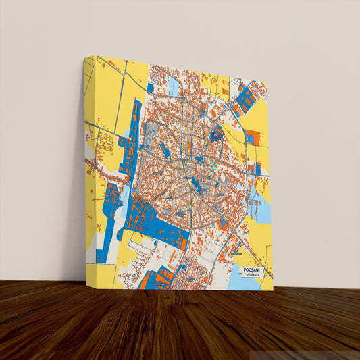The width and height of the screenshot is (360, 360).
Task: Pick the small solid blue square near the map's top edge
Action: point(150,87)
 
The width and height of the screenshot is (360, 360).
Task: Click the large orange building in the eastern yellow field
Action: point(252,137)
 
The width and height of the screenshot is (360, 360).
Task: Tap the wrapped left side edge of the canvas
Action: point(90,169)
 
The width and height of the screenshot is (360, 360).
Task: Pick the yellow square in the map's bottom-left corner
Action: point(105,273)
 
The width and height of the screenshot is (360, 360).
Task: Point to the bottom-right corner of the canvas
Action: point(273,290)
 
